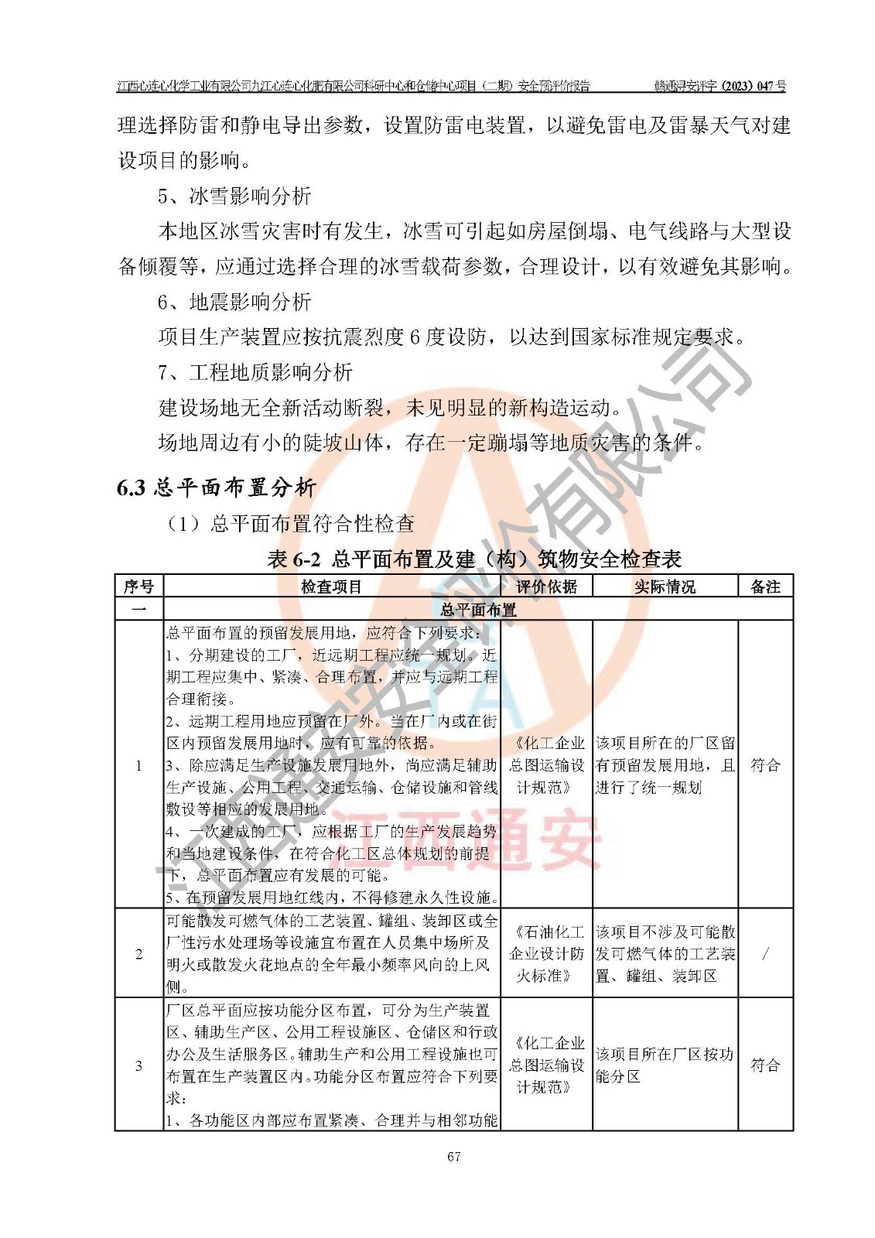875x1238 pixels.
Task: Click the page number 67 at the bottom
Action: tap(453, 1156)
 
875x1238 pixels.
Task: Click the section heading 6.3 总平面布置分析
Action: tap(216, 487)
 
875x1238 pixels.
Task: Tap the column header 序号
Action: tap(138, 587)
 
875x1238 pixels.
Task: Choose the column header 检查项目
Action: tap(331, 587)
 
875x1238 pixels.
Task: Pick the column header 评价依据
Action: tap(546, 587)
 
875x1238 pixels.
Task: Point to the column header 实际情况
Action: tap(665, 587)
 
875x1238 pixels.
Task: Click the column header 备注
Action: tap(765, 587)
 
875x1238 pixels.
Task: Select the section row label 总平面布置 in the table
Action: tap(478, 610)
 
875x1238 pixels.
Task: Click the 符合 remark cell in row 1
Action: tap(765, 765)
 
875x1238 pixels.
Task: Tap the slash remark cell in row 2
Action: tap(765, 953)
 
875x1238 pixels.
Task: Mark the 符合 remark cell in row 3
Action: tap(765, 1065)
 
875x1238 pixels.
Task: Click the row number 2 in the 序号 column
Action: tap(138, 953)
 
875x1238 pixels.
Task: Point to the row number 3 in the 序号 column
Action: tap(138, 1065)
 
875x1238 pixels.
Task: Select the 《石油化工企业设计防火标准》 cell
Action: tap(546, 953)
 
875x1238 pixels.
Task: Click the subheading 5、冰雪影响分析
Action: tap(234, 196)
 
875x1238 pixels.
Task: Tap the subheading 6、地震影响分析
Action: tap(234, 301)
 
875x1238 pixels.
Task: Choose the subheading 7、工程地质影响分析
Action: tap(255, 372)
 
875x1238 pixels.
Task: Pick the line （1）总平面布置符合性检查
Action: tap(291, 524)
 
